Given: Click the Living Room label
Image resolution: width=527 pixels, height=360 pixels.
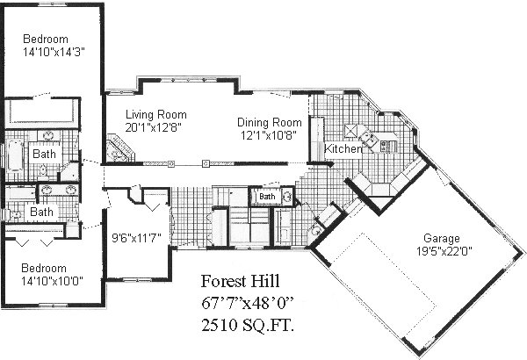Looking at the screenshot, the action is [x=156, y=115].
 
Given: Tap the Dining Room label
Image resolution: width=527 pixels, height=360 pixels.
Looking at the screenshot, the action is [x=270, y=122].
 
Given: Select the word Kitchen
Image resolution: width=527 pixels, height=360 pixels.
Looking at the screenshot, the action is [x=343, y=148].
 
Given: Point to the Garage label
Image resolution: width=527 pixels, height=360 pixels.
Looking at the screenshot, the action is [x=442, y=238].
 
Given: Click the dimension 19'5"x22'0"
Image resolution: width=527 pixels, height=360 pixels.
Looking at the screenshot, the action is [x=444, y=251].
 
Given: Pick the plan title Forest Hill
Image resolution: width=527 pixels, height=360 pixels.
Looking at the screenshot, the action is [x=240, y=281].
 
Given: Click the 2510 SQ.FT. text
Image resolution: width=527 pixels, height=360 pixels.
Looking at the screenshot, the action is [x=248, y=325].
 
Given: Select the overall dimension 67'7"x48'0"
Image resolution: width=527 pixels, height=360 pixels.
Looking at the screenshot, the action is [x=248, y=303].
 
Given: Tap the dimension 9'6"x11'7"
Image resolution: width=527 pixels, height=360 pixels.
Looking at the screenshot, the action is [x=136, y=238].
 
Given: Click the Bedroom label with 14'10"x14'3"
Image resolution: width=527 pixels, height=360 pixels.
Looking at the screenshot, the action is [x=46, y=39].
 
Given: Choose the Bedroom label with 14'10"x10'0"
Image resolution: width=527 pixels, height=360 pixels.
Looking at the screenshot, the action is [x=44, y=268].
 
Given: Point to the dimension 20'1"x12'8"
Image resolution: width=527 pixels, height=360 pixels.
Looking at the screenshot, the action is [x=153, y=127].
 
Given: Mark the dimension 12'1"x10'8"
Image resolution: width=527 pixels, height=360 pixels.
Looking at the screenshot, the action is [x=268, y=135].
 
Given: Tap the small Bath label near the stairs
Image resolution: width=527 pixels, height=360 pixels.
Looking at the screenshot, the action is [x=267, y=197].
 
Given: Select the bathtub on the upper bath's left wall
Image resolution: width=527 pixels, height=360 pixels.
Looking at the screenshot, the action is [x=15, y=155].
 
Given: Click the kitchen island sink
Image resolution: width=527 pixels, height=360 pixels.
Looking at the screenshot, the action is [x=367, y=139].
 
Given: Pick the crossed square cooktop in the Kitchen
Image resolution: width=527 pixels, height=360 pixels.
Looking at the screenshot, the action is [x=351, y=130].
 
